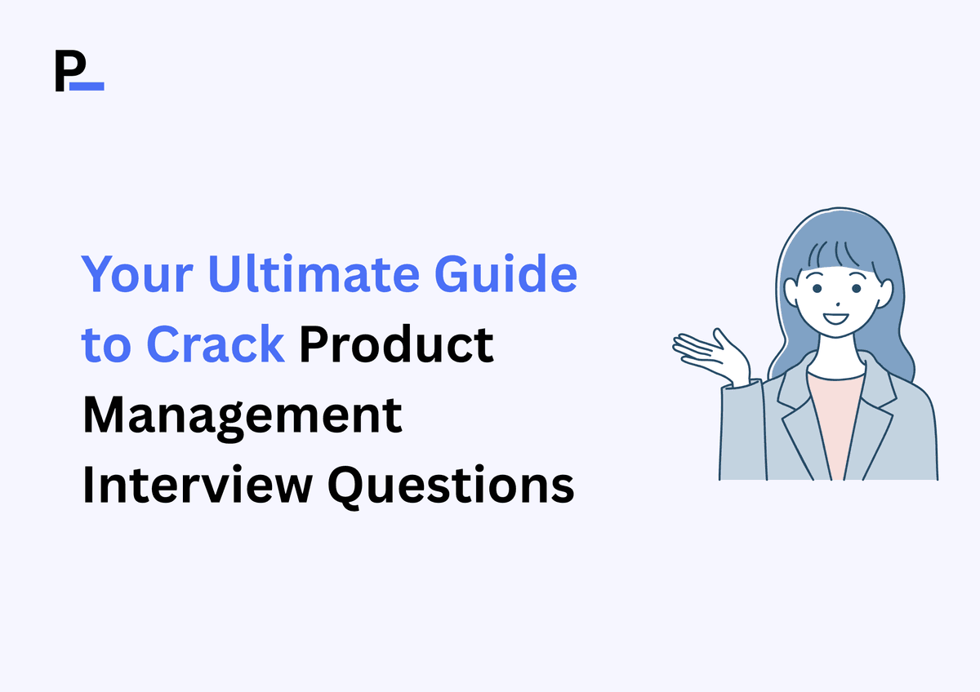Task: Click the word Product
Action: [396, 345]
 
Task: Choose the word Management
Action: [243, 416]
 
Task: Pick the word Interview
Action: [196, 486]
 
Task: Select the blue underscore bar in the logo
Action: [87, 86]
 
